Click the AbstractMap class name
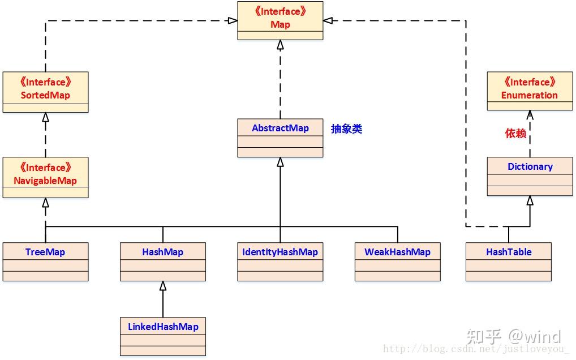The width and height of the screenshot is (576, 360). coord(280,128)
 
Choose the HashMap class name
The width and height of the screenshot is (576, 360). coord(162,252)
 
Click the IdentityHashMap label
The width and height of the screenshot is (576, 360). coord(280,252)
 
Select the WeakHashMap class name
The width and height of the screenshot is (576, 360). coord(397,252)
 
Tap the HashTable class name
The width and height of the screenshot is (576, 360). coord(509,252)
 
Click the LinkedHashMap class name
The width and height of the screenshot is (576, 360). coord(162,327)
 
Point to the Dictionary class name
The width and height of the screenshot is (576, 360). coord(530,166)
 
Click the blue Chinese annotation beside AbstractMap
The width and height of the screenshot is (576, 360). coord(346,129)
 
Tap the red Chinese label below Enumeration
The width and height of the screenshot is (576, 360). coord(515,134)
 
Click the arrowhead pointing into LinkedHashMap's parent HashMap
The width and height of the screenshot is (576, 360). coord(163,286)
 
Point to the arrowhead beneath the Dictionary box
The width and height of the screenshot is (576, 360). coord(530,200)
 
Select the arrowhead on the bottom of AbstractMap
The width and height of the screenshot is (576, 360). coord(280,162)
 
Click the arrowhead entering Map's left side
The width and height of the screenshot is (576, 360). coord(232,20)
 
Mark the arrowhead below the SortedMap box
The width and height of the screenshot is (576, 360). coord(46,117)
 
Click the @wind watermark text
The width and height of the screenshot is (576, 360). coord(534,337)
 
